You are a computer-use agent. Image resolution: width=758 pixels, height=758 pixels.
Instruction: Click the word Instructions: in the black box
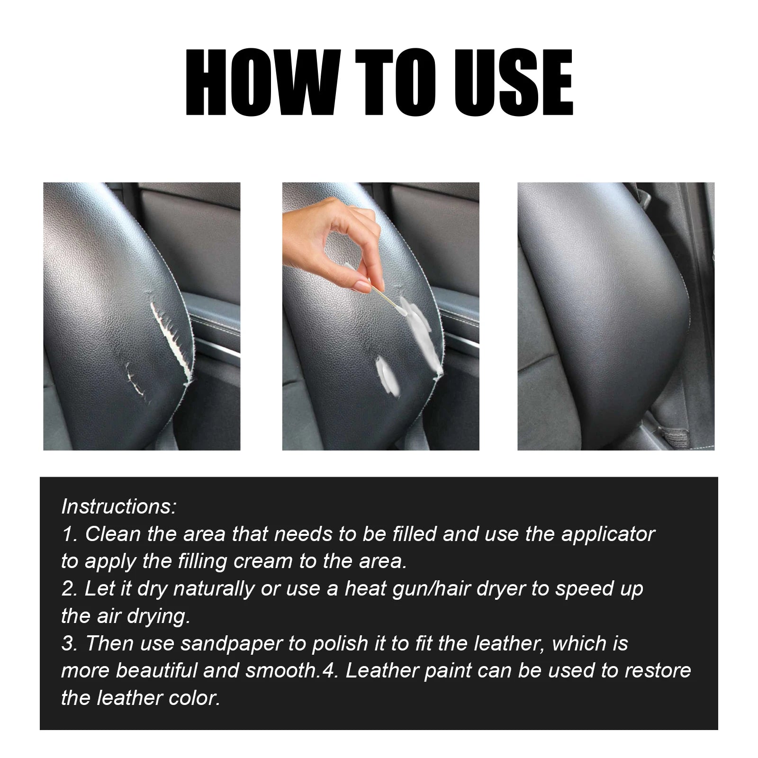(118, 507)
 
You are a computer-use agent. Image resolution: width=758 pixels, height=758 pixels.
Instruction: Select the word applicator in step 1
(608, 534)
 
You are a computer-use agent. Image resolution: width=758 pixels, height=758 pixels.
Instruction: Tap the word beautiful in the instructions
(156, 671)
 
